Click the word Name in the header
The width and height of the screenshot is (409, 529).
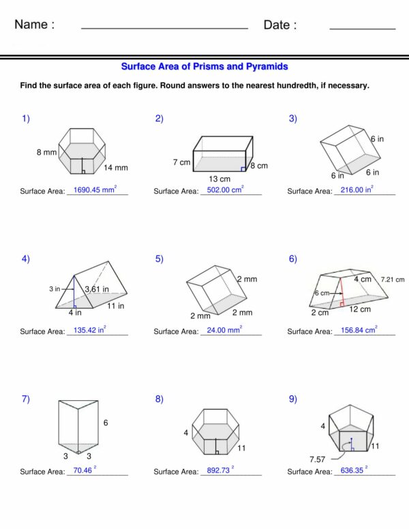tap(34, 25)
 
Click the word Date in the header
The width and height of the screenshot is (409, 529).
tap(279, 25)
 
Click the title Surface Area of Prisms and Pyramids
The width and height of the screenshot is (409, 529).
tap(204, 67)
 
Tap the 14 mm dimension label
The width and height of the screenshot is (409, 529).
tap(116, 168)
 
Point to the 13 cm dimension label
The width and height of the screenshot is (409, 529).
tap(219, 179)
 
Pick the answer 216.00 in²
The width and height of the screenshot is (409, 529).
tap(358, 190)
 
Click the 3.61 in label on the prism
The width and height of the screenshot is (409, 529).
tap(97, 290)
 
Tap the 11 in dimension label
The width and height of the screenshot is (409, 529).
tap(116, 306)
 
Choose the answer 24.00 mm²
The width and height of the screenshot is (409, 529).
tap(224, 330)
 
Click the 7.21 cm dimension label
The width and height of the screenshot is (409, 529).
tap(392, 279)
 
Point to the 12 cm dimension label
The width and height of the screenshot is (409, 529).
tap(361, 309)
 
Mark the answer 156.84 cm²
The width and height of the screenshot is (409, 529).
tap(359, 330)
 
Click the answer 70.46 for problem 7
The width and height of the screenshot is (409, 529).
tap(85, 470)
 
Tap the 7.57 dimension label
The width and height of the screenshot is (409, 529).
tap(318, 459)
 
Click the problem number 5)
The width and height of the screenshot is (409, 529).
tap(160, 258)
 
